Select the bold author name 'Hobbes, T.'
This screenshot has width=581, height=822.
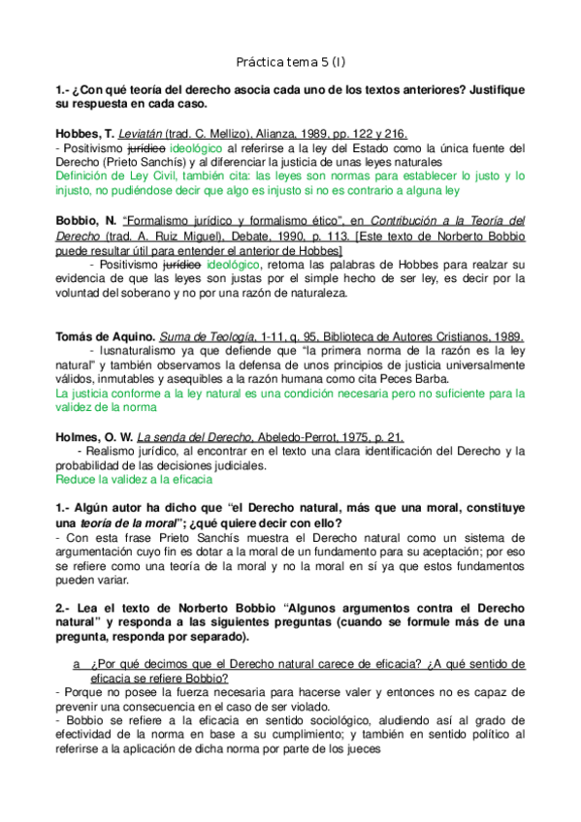point(84,134)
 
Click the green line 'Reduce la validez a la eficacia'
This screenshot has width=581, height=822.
point(133,479)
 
